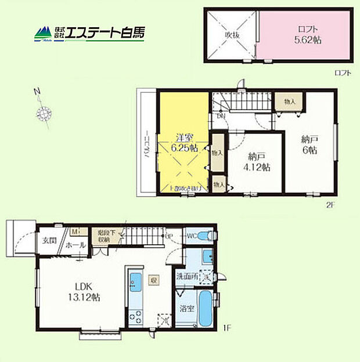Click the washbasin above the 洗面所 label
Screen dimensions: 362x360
coord(207,256)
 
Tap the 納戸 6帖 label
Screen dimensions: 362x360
coord(309,144)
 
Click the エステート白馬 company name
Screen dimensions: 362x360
coord(105,33)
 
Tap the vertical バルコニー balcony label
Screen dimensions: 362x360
coord(147,143)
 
